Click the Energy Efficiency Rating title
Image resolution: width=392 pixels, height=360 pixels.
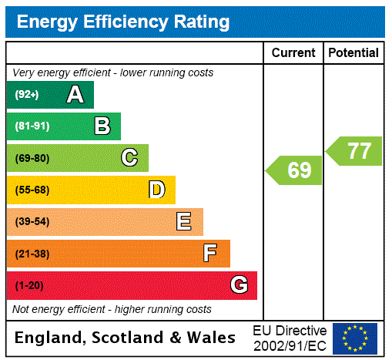tap(123, 22)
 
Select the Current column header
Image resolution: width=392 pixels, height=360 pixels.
tap(293, 53)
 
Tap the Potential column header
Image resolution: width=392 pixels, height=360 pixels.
tap(353, 53)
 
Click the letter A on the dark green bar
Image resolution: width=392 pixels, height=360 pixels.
tap(75, 95)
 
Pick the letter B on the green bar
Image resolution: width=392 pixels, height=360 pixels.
tap(102, 126)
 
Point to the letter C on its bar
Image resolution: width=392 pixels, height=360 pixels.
tap(129, 158)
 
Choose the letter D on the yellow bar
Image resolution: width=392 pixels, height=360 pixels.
tap(156, 190)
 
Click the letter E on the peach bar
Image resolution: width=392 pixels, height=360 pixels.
tap(184, 222)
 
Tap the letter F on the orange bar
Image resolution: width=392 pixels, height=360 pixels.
tap(210, 253)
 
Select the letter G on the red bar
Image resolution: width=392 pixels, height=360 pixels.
tap(239, 285)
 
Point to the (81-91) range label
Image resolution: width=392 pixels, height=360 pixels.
tap(32, 126)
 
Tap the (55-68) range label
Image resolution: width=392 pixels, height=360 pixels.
tap(32, 190)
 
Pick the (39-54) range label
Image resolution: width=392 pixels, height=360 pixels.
tap(32, 222)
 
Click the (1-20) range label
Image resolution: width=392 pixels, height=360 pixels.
tap(29, 285)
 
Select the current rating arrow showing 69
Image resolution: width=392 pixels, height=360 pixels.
tap(295, 170)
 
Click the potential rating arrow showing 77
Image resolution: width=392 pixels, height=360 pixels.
tap(355, 150)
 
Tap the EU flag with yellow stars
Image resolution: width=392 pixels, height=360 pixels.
tap(355, 338)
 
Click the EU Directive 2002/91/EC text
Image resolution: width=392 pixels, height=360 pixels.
tap(290, 338)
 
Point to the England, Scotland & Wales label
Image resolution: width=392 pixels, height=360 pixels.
tap(126, 338)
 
